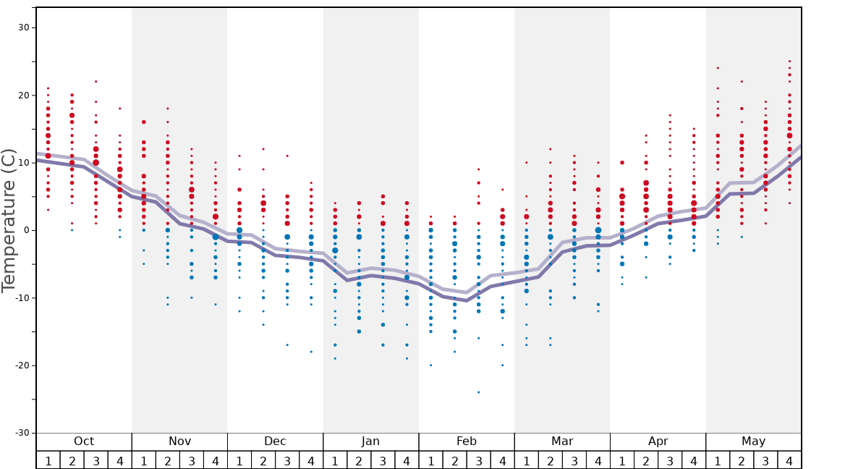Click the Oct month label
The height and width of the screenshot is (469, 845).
click(x=84, y=441)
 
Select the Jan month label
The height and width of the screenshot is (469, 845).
click(x=370, y=441)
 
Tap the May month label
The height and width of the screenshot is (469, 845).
click(x=753, y=441)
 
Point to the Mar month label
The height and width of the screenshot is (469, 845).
click(x=562, y=441)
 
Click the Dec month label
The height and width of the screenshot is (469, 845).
click(x=275, y=441)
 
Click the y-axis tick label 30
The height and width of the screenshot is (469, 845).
click(x=23, y=28)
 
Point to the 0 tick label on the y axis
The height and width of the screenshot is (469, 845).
click(x=26, y=230)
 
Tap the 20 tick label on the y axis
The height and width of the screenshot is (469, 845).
click(x=23, y=95)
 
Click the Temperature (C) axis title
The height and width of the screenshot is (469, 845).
click(x=9, y=220)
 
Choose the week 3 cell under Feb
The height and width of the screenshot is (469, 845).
click(x=478, y=460)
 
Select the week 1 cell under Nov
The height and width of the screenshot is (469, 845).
click(x=144, y=460)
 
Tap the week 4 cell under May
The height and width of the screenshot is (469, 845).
click(x=789, y=460)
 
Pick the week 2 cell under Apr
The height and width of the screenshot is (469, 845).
click(x=646, y=460)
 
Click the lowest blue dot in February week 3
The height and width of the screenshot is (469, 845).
click(x=478, y=392)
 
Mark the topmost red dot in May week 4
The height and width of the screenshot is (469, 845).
click(x=789, y=62)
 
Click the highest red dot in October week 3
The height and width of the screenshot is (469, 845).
click(x=95, y=81)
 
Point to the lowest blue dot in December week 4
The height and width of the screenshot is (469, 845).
click(x=311, y=352)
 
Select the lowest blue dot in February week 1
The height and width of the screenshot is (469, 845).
click(x=430, y=366)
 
